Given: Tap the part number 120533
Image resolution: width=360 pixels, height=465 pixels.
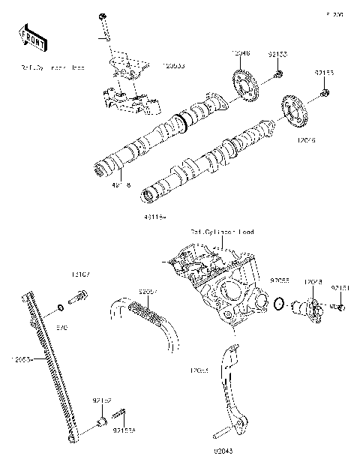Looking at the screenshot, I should (x=174, y=67).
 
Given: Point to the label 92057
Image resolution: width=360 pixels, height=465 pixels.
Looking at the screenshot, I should (x=148, y=289).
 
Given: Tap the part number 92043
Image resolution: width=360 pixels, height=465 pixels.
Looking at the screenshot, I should (x=223, y=451).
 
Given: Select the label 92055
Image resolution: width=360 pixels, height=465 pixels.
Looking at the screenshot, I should (x=280, y=280).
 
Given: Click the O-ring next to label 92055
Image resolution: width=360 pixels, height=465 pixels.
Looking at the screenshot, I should (x=278, y=304).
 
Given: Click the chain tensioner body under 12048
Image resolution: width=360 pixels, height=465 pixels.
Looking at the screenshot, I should (x=307, y=307).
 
